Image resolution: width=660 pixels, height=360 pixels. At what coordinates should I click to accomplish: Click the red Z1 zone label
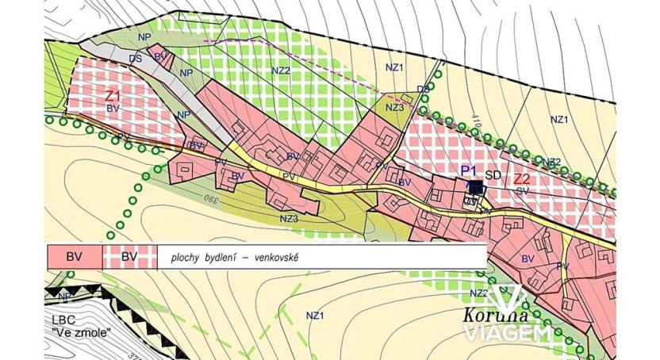coord(113,95)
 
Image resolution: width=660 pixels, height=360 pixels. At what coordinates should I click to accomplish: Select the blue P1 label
coord(468,171)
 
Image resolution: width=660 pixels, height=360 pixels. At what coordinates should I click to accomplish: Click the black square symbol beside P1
coord(475,188)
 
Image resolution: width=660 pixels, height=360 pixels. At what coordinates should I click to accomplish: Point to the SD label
coord(493,175)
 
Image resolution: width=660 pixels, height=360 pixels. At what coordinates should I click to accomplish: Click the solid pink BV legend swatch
coord(75,257)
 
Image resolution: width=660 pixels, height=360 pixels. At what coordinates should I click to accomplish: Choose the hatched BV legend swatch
coord(130,257)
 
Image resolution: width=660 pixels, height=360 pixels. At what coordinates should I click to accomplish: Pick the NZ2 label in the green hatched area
coord(281,71)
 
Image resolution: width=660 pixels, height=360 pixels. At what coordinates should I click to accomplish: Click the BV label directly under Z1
coord(113,107)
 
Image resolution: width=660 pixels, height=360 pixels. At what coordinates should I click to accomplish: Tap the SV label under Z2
coord(522,191)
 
